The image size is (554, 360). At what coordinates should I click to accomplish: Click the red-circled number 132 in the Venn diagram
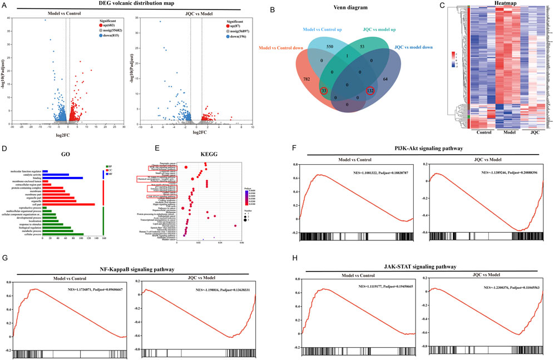369,91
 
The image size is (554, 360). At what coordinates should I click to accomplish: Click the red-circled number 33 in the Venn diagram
324,91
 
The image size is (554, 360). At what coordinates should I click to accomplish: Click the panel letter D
4,149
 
